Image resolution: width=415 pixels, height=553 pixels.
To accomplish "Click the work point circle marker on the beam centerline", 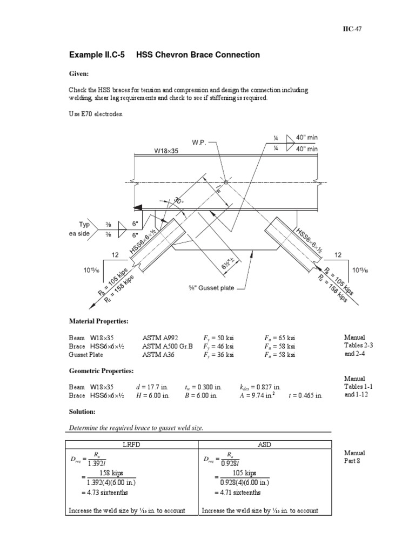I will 226,182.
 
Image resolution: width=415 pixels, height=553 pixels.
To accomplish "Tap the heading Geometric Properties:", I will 102,372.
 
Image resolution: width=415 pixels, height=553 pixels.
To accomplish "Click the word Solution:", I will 83,412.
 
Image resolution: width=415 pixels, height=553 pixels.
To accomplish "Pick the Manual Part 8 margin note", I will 354,457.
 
